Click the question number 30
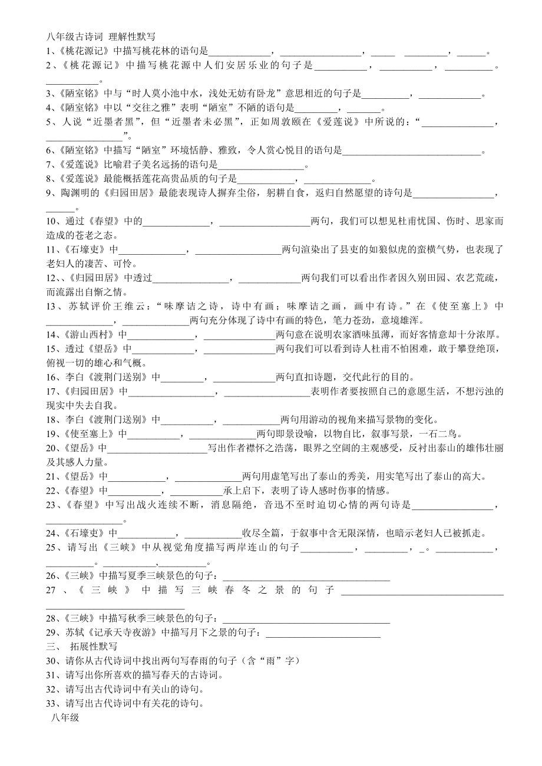click(x=52, y=661)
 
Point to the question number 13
click(x=52, y=307)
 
